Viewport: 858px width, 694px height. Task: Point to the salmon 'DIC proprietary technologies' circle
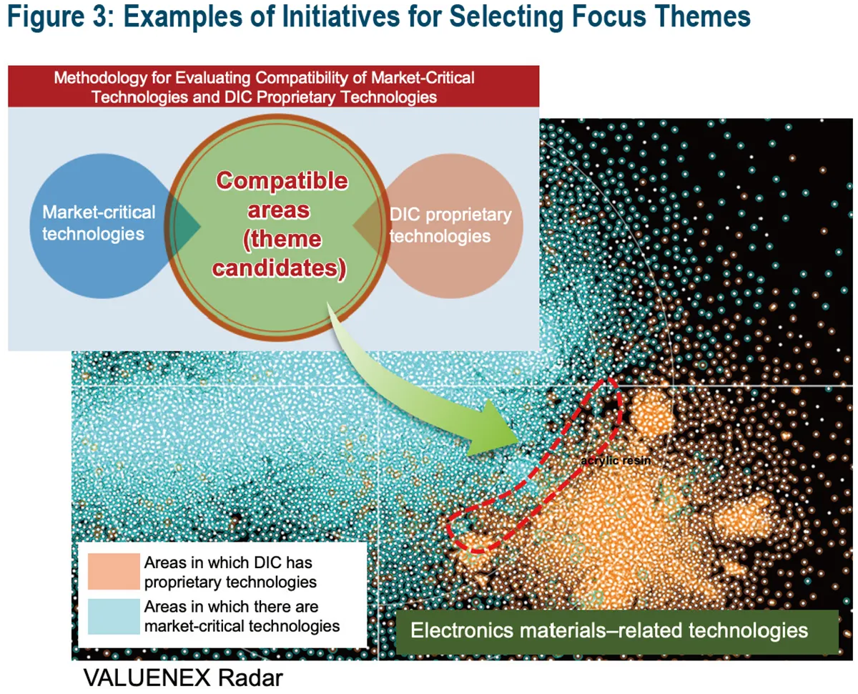(x=458, y=225)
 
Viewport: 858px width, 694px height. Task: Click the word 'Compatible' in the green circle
(x=282, y=181)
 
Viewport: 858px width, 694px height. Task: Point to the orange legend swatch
(x=113, y=572)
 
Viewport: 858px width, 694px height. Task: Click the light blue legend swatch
(x=113, y=616)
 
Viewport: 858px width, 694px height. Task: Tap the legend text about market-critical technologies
(x=242, y=616)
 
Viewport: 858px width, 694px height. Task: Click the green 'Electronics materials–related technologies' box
(x=616, y=631)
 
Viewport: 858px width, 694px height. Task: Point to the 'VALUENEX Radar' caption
(x=183, y=678)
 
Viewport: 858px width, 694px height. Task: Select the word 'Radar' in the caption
(x=251, y=678)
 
